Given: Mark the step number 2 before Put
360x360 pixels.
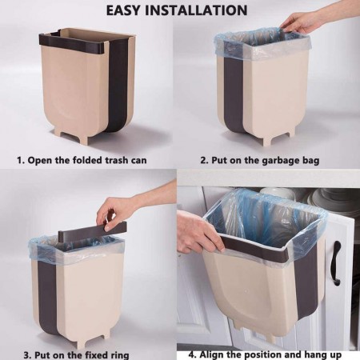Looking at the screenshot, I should [x=203, y=160].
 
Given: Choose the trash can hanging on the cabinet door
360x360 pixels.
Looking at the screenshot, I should [x=260, y=276].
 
